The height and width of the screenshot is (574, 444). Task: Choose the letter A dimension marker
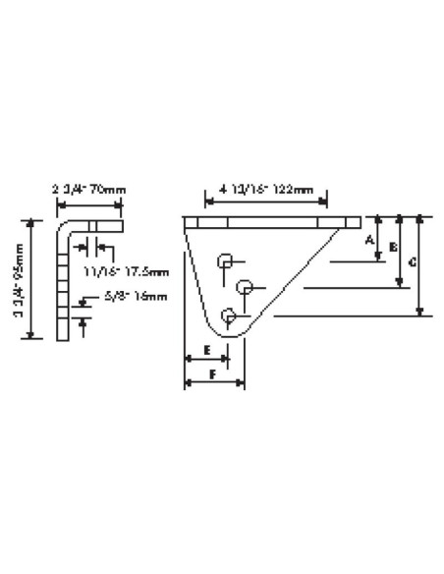click(371, 239)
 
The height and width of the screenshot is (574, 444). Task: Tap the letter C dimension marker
click(414, 262)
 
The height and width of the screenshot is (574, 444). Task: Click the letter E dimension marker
click(207, 350)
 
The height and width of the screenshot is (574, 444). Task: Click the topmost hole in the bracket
click(226, 260)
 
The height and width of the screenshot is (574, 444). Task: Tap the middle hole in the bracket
click(246, 287)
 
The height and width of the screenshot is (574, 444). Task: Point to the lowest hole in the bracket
click(230, 316)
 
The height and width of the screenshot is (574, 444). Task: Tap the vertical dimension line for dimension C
click(422, 265)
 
